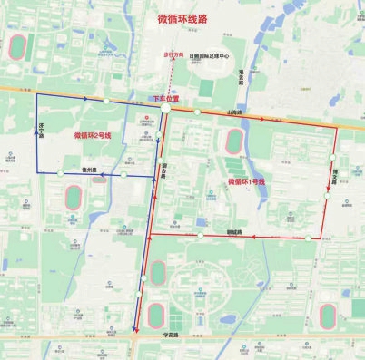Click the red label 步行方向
click(x=173, y=55)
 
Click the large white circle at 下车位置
click(x=165, y=108)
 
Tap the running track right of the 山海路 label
click(x=235, y=141)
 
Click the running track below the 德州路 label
click(x=75, y=196)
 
